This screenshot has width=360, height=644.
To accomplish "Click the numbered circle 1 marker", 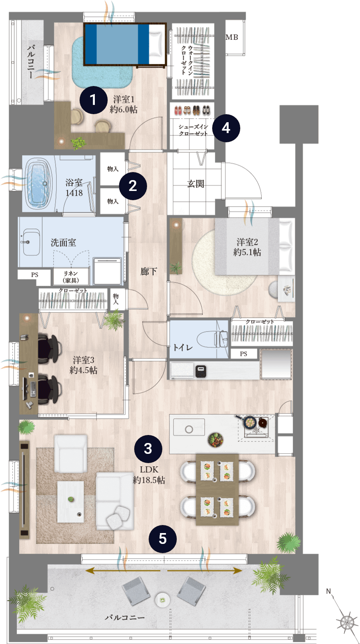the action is pos(93,100).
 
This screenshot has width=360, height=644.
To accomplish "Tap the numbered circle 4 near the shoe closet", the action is pos(226,128).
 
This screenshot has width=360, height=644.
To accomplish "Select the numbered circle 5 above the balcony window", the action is pos(163,539).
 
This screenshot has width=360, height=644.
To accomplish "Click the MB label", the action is pos(231,37).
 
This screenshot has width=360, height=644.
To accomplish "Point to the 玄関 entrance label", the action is pos(196,183).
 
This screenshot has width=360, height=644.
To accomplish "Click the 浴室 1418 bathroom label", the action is pos(74,187).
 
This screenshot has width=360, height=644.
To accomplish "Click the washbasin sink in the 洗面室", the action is pos(31,242).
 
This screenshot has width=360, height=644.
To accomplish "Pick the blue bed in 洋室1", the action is pos(125,44).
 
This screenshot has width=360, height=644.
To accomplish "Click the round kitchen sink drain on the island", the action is pos(189,429).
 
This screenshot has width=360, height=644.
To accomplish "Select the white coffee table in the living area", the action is pos(71,502).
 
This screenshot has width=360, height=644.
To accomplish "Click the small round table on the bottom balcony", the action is pos(163,600).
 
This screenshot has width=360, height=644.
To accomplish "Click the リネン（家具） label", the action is pos(71,277).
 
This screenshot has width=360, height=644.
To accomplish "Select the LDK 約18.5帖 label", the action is pos(149,474).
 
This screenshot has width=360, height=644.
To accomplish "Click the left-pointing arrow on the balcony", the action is pos(123,570).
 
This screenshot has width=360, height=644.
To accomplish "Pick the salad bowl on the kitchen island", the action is pos(216,440).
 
